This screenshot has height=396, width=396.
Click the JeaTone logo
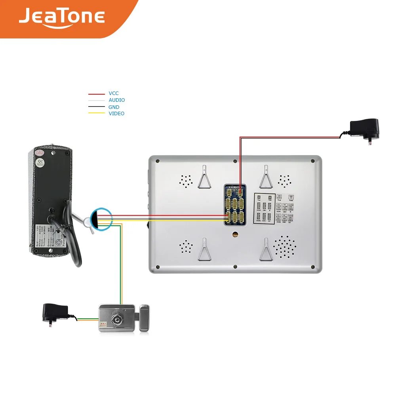pyautogui.click(x=61, y=18)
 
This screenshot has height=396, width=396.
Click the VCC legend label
pyautogui.click(x=114, y=93)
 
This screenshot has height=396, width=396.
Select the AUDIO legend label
pyautogui.click(x=117, y=100)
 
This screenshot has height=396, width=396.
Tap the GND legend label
pyautogui.click(x=114, y=107)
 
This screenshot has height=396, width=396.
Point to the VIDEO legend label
pyautogui.click(x=116, y=114)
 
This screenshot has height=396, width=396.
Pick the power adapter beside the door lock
pyautogui.click(x=55, y=312)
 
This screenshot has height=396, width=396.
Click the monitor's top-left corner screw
pyautogui.click(x=158, y=161)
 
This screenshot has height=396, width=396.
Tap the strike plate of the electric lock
pyautogui.click(x=144, y=318)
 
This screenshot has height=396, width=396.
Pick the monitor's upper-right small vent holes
pyautogui.click(x=284, y=181)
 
